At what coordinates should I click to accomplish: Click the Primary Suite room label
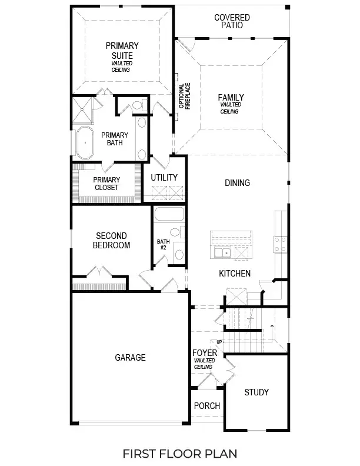pos(122,51)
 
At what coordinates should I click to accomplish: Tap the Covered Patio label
pos(232,22)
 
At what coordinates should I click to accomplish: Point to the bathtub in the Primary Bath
pos(86,143)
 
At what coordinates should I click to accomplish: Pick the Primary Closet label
pos(106,184)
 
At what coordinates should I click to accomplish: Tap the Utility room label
pos(164,178)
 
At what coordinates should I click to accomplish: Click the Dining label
pos(237,183)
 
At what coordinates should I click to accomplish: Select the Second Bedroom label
pos(112,241)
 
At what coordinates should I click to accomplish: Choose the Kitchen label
pos(235,274)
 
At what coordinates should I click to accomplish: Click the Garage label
pos(130,357)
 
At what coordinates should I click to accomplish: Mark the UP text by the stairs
pos(219,342)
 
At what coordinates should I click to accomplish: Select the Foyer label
pos(205,353)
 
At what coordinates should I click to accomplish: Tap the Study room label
pos(256,392)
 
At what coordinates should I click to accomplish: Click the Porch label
pos(206,406)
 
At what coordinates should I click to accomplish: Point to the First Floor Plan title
pos(179,454)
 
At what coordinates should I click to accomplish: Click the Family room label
pos(231,98)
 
